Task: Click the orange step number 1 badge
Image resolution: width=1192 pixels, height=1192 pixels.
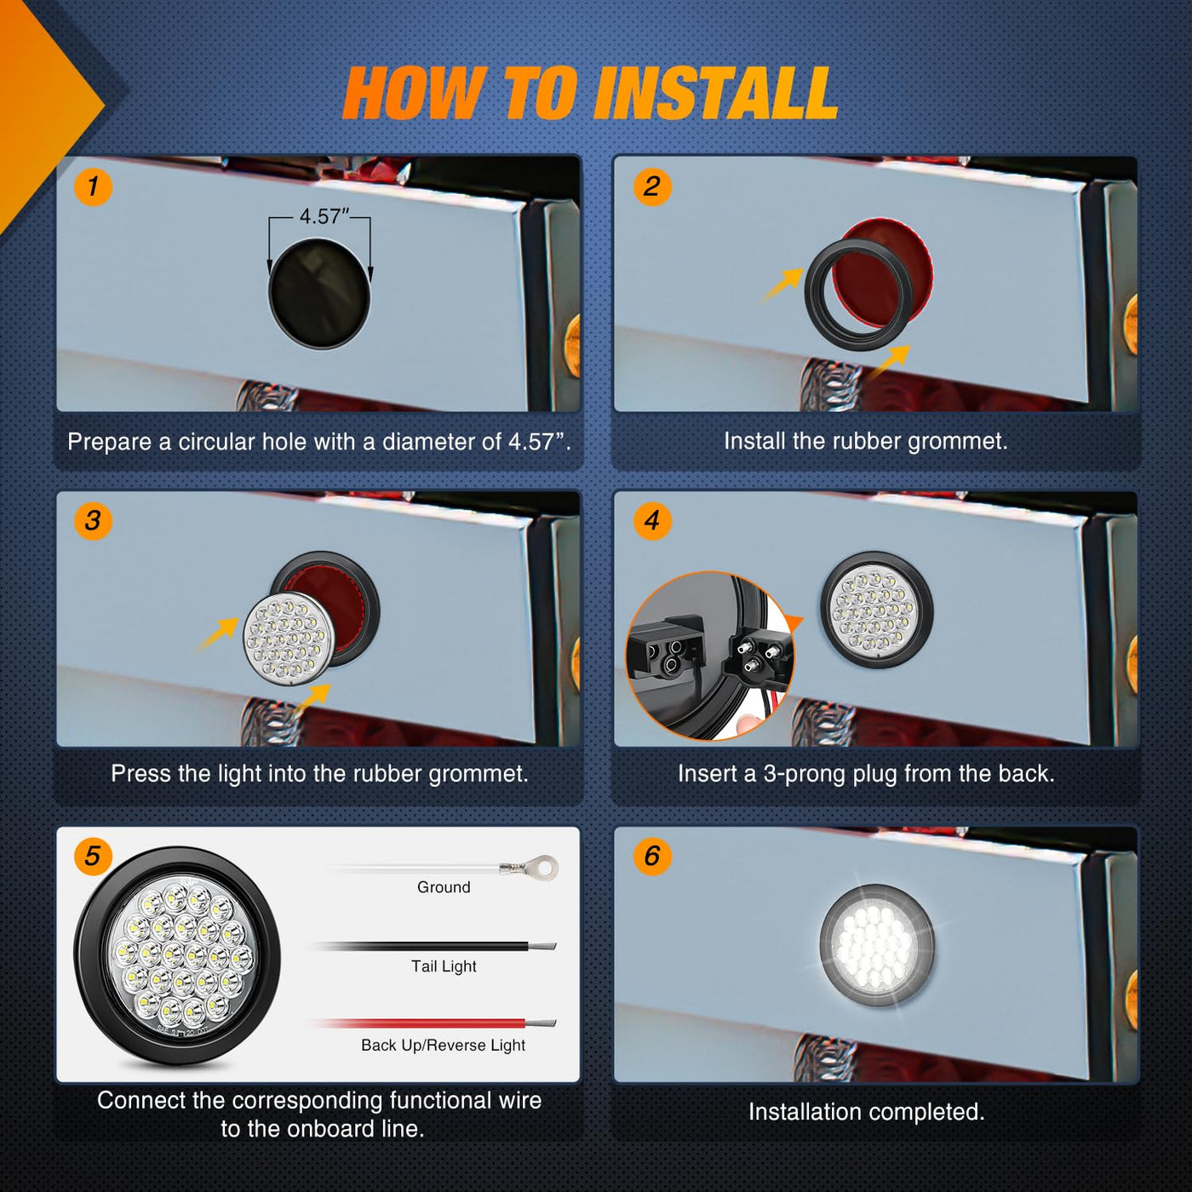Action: click(93, 186)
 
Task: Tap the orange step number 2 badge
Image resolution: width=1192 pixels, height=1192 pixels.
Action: click(652, 186)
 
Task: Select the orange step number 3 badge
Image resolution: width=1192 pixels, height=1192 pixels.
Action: click(93, 520)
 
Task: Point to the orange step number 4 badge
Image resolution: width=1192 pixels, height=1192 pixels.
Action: click(652, 520)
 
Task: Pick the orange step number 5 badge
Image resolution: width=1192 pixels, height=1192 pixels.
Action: click(93, 857)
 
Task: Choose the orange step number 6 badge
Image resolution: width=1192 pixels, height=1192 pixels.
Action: click(652, 857)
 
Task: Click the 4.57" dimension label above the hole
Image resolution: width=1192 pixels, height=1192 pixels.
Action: click(324, 216)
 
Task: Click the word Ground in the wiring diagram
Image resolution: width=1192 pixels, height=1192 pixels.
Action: click(444, 887)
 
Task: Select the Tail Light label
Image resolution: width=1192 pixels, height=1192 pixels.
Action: click(444, 966)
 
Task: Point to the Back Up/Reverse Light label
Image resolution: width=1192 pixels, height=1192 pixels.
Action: click(443, 1046)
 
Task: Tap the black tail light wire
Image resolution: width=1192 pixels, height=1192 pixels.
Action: click(433, 947)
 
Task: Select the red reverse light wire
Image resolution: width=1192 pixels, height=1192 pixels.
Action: click(433, 1023)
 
